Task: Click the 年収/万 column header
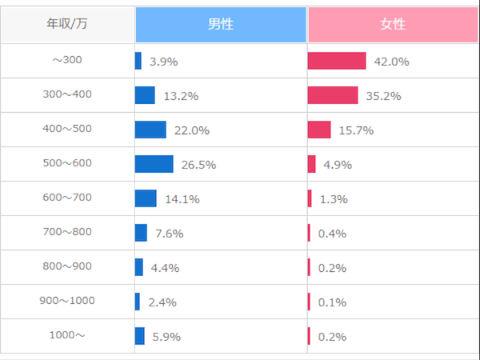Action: tap(67, 23)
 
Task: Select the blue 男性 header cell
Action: tap(221, 25)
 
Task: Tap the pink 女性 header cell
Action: tap(393, 25)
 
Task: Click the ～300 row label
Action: tap(67, 60)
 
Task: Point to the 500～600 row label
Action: tap(67, 163)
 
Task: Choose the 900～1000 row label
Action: tap(67, 301)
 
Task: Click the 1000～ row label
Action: tap(67, 335)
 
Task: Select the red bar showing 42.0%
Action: tap(337, 61)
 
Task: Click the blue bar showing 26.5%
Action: tap(154, 164)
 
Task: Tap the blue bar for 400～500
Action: tap(150, 130)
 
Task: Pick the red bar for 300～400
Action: tap(333, 95)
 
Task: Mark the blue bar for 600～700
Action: tap(146, 198)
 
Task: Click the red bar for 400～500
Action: tap(319, 130)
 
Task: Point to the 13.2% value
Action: tap(182, 97)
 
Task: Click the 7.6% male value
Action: tap(170, 234)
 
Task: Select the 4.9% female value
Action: tap(338, 165)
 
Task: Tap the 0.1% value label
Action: tap(332, 302)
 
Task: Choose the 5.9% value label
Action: tap(166, 337)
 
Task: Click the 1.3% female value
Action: tap(334, 199)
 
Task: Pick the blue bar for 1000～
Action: tap(140, 336)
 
